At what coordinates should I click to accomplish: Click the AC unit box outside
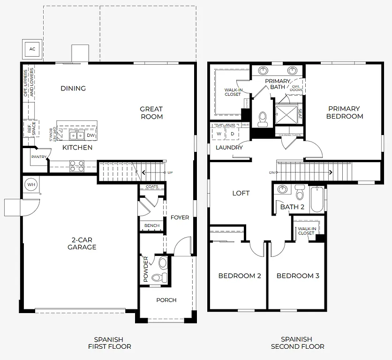tap(32, 49)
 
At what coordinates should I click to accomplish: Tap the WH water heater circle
tap(31, 185)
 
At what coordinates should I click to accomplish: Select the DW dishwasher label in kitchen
tap(91, 135)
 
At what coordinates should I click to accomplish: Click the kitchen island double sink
tap(77, 135)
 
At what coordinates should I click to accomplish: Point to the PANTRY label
tap(38, 157)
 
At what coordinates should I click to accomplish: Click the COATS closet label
tap(152, 187)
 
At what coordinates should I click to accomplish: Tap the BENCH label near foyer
tap(151, 225)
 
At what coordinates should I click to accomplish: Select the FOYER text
tap(180, 217)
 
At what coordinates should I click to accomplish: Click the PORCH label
tap(166, 300)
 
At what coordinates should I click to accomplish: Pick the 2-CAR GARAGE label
tap(82, 244)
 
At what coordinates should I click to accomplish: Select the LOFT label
tap(241, 193)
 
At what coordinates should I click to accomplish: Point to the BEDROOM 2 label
tap(240, 276)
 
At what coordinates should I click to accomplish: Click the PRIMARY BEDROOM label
tap(345, 112)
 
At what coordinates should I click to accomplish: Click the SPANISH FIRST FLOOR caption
tap(109, 343)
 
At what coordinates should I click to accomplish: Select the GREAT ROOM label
tap(151, 112)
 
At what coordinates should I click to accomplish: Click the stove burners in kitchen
tap(77, 165)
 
